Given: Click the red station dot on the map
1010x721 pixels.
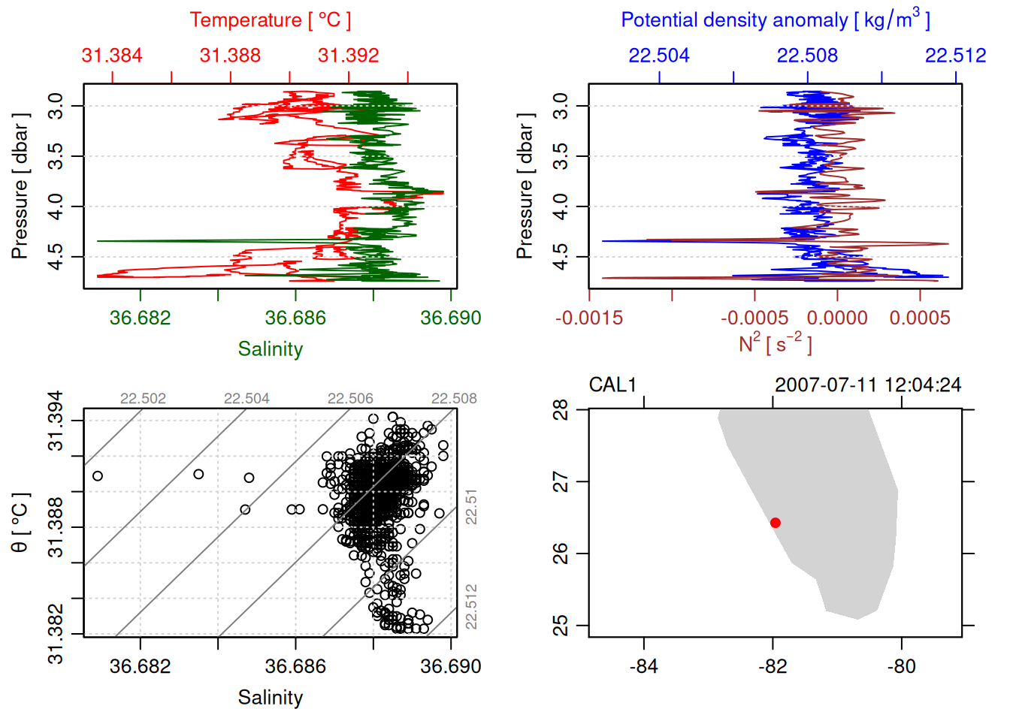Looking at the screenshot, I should click(776, 523).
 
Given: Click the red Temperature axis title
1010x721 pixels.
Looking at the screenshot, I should click(270, 20).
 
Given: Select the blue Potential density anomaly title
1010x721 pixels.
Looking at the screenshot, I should click(775, 20).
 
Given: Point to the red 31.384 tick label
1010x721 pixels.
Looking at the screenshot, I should click(112, 56).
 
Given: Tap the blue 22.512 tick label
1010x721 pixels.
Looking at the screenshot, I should click(955, 56).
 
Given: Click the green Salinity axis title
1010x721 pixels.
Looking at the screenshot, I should click(270, 349).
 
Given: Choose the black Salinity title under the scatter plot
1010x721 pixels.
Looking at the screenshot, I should click(270, 698).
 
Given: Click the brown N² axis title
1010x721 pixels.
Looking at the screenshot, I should click(775, 343).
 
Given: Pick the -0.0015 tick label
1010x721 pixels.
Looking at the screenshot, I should click(589, 318).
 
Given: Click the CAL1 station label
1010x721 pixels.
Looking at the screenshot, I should click(612, 385).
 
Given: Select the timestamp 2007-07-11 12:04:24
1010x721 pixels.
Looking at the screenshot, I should click(868, 385).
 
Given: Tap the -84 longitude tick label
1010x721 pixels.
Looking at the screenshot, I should click(644, 666).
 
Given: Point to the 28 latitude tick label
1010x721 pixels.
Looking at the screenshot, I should click(561, 410).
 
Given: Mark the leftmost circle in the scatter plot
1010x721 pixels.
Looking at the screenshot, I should click(97, 476).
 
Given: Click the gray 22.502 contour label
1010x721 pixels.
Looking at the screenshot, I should click(143, 399).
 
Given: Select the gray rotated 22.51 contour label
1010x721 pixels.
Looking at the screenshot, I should click(471, 507).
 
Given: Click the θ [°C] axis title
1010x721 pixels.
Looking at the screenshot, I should click(20, 523).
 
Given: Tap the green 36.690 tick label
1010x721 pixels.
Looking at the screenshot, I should click(450, 318).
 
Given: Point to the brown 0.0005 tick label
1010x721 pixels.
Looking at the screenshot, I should click(920, 318).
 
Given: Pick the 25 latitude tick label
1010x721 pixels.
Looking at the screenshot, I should click(561, 626).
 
